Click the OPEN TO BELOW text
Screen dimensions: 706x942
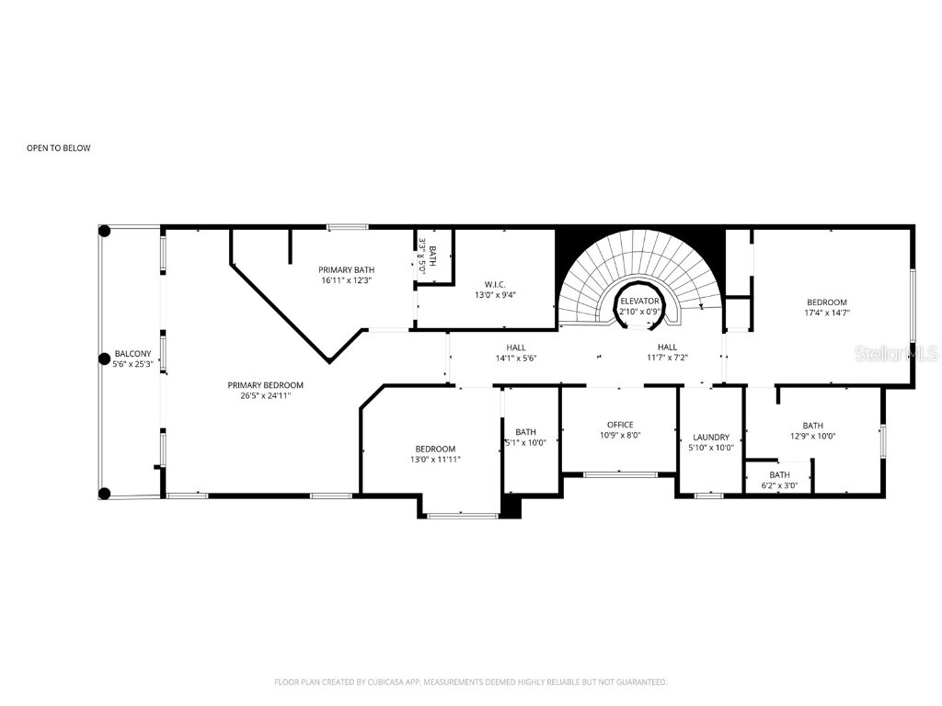coord(58,148)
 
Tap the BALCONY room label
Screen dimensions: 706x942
coord(132,353)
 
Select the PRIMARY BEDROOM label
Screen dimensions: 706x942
coord(265,385)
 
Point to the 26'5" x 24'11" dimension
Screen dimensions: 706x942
coord(265,397)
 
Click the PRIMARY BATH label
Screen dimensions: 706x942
coord(345,269)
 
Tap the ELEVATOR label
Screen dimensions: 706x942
coord(639,301)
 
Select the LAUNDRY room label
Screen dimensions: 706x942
coord(711,437)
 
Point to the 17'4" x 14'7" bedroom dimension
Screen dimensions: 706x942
coord(827,313)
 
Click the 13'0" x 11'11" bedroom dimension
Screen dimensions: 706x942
coord(435,460)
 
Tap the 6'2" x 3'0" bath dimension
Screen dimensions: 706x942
coord(779,485)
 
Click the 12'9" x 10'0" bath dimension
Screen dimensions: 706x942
coord(812,437)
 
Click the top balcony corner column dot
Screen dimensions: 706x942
coord(104,231)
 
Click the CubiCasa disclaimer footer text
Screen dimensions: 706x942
coord(470,682)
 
